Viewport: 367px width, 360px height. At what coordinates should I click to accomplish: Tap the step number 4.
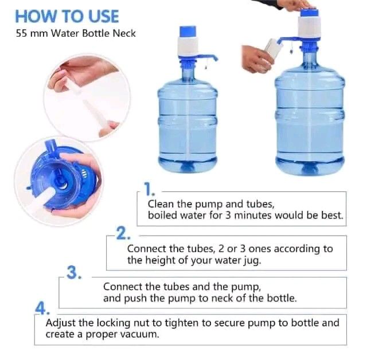[41, 308]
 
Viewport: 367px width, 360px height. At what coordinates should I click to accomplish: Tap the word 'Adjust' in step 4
[61, 322]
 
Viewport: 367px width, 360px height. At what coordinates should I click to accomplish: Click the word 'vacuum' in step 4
[140, 334]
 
